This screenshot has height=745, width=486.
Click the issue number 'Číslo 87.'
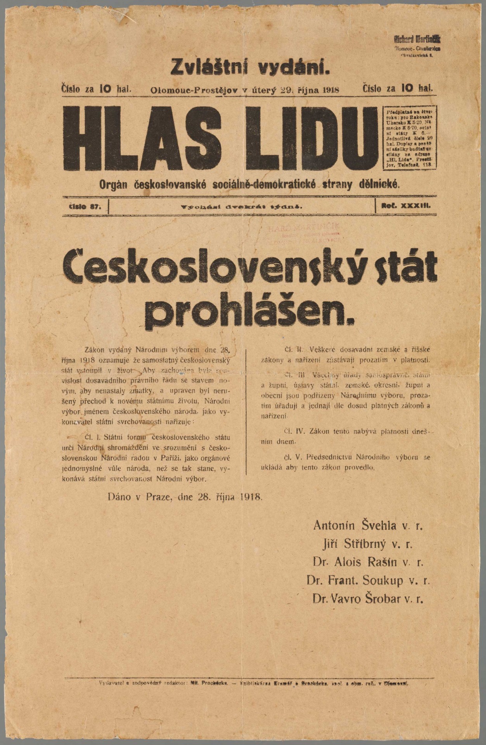point(84,206)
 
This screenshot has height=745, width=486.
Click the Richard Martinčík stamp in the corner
point(417,46)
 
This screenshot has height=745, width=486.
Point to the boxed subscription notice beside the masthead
point(410,137)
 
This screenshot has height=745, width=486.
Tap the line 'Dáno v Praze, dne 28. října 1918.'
point(185,496)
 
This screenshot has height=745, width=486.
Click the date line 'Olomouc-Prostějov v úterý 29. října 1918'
point(245,90)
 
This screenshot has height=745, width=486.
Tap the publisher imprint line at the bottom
point(254,683)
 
